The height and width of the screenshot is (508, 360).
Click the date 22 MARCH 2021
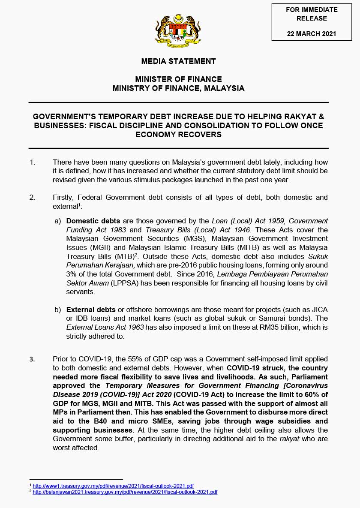click(x=312, y=34)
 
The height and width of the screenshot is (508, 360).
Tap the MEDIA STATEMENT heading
click(x=178, y=61)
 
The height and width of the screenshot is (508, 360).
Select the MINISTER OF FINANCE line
click(x=178, y=79)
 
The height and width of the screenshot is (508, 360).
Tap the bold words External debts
click(x=91, y=310)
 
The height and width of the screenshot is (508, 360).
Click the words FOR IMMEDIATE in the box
click(x=312, y=9)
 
